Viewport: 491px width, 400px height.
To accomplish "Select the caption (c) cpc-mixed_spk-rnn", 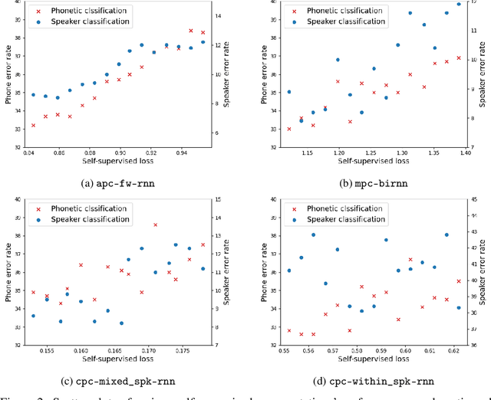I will point(122,381).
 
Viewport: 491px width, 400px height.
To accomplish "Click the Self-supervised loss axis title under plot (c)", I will point(121,359).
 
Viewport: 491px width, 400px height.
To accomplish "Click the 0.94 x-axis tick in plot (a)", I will point(181,152).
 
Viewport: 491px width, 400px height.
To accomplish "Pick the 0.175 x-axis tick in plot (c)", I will point(182,350).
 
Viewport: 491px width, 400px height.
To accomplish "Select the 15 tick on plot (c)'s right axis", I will point(218,200).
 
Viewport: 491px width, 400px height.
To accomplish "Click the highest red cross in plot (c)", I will point(155,225).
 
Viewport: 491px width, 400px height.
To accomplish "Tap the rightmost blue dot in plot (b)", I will point(459,4).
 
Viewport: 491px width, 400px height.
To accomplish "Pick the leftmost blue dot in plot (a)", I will point(33,94).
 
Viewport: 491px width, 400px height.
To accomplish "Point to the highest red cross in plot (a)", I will point(191,31).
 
